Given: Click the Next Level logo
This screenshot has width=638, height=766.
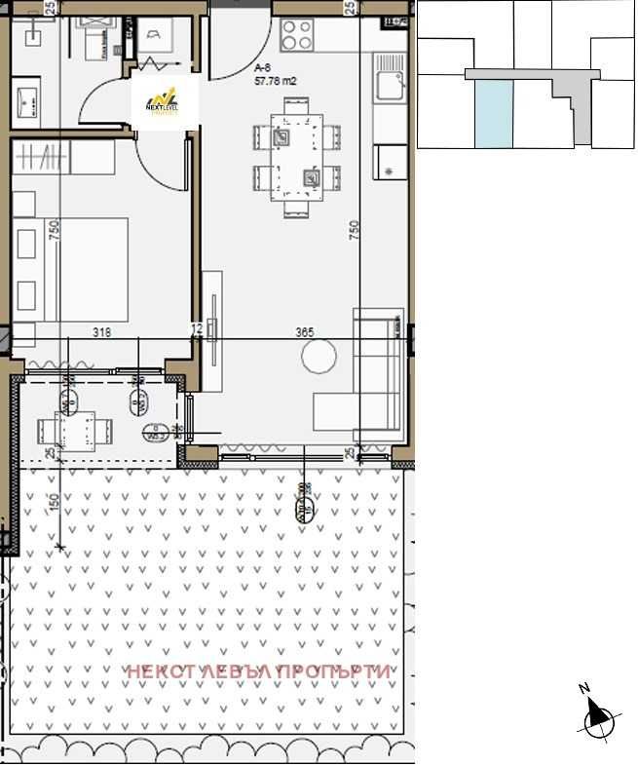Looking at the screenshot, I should coord(165,97).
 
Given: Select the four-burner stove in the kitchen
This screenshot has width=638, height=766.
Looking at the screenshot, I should coord(297,37).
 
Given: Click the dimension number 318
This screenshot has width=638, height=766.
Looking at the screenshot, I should coord(101,332).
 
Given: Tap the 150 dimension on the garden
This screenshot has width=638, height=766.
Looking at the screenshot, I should coord(56,502).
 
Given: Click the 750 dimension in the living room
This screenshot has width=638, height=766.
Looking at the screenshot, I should coord(355,230).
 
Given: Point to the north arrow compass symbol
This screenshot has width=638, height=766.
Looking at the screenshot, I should coord(597,718).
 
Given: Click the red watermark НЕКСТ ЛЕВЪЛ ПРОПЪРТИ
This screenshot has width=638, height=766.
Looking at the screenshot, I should coord(261,671).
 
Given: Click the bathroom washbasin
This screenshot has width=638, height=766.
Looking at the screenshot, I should coord(26,98).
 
